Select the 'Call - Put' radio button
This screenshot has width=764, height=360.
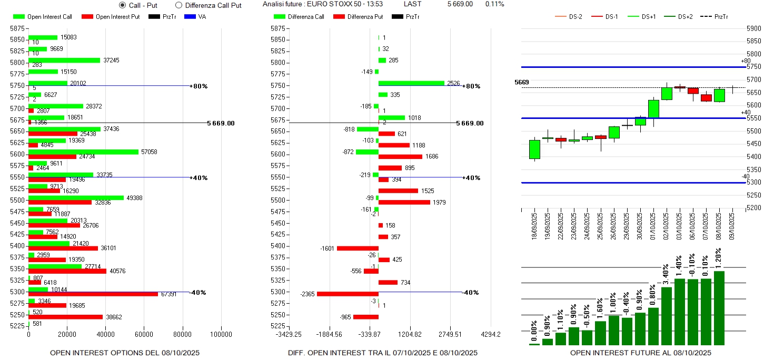tap(123, 5)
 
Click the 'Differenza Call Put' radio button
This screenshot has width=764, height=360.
tap(178, 5)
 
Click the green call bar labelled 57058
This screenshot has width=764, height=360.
tap(83, 152)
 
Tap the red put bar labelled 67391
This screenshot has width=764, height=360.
tap(93, 294)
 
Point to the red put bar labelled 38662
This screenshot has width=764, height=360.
tap(65, 317)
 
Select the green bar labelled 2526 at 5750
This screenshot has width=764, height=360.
tap(411, 83)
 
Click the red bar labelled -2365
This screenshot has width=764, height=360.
tap(348, 294)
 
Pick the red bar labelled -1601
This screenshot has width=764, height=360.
tap(358, 248)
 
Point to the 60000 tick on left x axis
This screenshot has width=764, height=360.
tap(144, 334)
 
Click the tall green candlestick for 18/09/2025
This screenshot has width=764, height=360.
tap(534, 149)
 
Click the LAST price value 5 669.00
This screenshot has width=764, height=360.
tap(460, 4)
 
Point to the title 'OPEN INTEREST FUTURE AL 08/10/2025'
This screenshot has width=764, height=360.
tap(640, 353)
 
